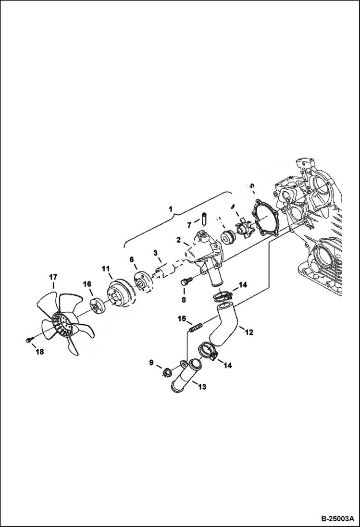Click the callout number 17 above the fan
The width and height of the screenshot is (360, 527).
53,277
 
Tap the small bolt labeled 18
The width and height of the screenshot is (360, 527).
28,340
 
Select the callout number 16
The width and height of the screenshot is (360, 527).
87,284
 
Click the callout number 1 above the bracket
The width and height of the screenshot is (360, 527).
170,209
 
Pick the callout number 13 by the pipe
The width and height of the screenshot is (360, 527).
202,387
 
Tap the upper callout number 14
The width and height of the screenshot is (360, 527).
243,285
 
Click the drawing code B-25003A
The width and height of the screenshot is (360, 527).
337,519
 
